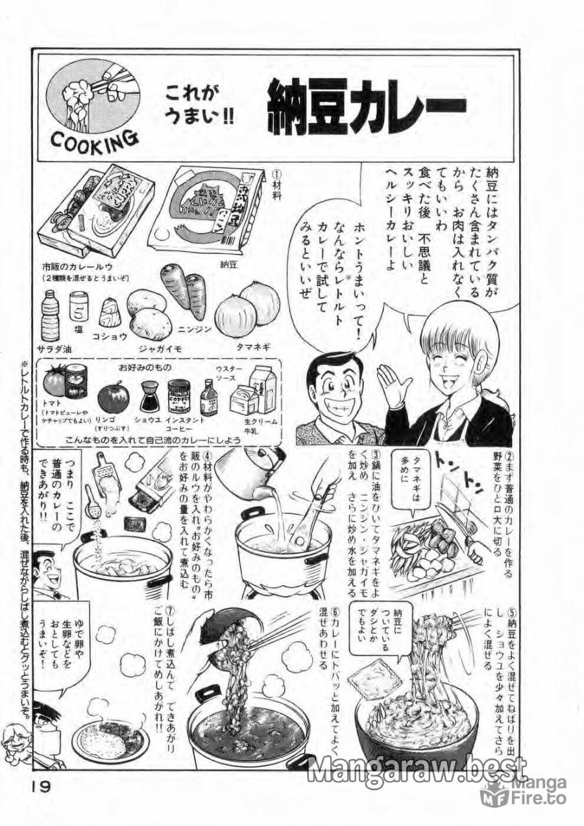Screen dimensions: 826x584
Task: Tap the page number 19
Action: click(41, 786)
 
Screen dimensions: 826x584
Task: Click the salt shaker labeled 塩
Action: click(78, 306)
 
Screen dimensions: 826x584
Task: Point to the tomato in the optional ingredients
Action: click(56, 382)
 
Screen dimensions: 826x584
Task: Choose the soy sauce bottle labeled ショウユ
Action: click(151, 395)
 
